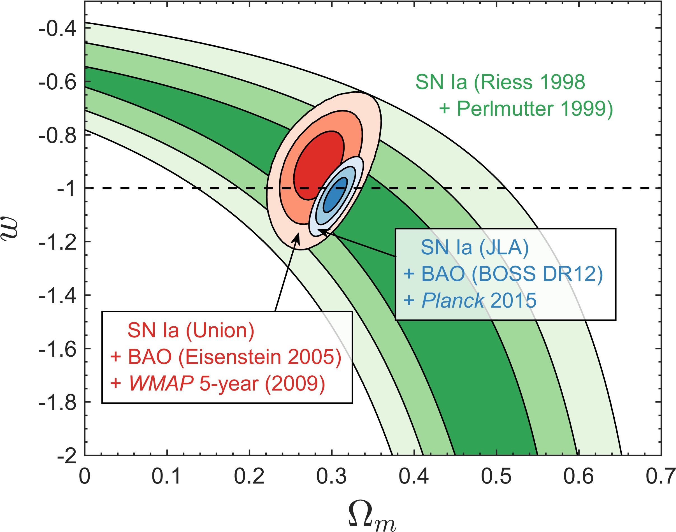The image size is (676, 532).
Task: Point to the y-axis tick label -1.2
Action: [57, 242]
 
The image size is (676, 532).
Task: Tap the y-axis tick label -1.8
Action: [57, 403]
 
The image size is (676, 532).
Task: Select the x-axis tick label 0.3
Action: [331, 477]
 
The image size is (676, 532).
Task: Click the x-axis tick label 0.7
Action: [660, 477]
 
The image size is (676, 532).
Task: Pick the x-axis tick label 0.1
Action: [166, 477]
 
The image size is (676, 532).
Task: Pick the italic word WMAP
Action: [161, 384]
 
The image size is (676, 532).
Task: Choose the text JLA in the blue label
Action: [503, 248]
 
